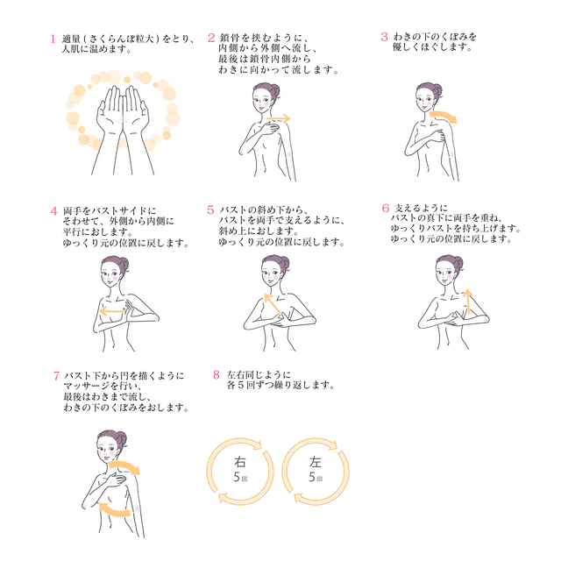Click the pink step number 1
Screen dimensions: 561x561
click(53, 39)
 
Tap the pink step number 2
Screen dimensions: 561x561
click(211, 38)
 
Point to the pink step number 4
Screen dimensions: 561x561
click(53, 211)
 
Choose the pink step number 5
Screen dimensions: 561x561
click(211, 210)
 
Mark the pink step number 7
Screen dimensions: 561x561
click(56, 375)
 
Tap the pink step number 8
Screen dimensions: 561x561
click(216, 375)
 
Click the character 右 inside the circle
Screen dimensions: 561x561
click(239, 462)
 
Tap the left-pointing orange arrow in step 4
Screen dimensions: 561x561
click(114, 311)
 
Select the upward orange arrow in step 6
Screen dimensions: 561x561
click(466, 301)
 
